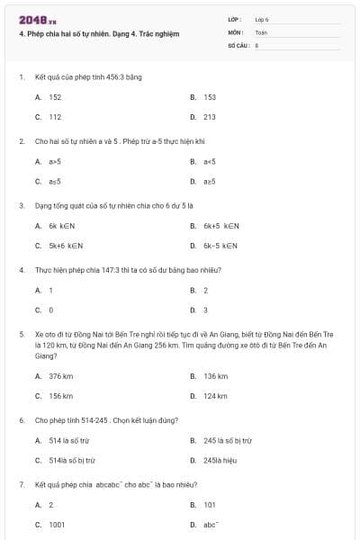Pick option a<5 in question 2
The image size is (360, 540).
(209, 161)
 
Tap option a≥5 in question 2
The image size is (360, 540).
(209, 181)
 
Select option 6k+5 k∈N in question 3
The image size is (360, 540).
(220, 225)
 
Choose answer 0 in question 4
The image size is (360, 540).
(50, 310)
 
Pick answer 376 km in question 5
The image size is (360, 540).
(60, 375)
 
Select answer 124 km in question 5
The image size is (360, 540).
(215, 396)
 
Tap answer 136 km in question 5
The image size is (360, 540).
(215, 375)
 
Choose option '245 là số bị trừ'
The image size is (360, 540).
(228, 440)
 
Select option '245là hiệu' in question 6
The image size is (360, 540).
(222, 460)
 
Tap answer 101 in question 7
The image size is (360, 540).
(209, 505)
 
